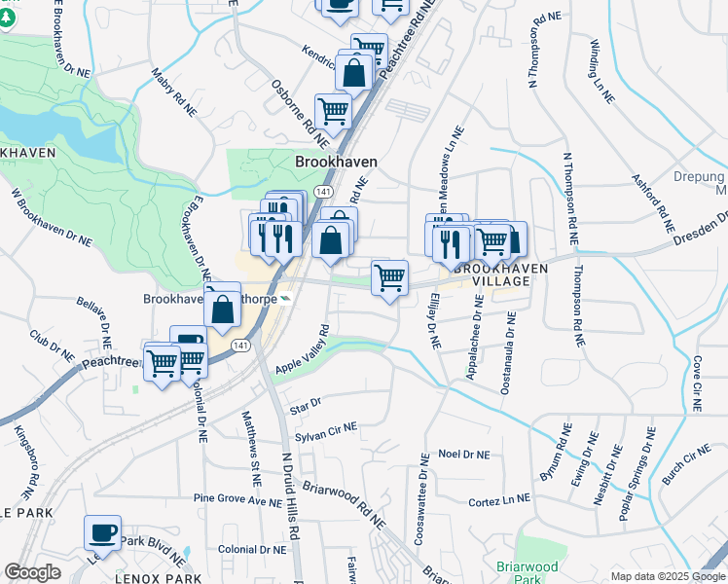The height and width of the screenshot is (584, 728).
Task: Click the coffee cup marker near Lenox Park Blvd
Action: click(102, 533)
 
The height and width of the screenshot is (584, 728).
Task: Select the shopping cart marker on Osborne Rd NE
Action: click(333, 113)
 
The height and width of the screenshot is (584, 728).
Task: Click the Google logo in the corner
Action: click(32, 571)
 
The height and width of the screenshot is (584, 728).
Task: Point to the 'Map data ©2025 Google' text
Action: click(667, 576)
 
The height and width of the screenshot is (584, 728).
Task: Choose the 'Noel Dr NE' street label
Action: click(464, 454)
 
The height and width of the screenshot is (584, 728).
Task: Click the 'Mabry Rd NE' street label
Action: click(170, 91)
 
